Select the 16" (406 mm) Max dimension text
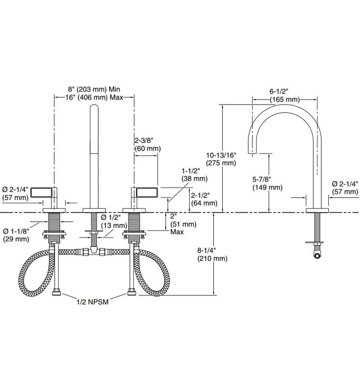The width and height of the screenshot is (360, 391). click(94, 97)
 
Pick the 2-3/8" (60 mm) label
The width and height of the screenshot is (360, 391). click(147, 144)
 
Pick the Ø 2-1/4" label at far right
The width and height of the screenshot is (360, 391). click(344, 187)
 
